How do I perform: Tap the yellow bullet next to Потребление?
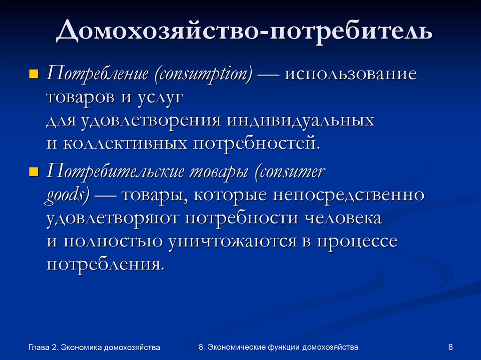point(33,74)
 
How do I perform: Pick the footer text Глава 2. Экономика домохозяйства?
point(94,347)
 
